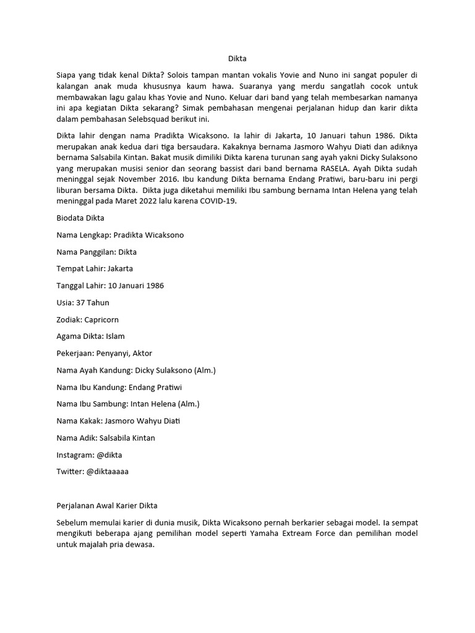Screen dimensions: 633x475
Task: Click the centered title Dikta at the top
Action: [x=237, y=59]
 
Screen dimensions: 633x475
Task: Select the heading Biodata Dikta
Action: [x=81, y=218]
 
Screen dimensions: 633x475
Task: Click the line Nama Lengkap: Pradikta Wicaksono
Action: [x=120, y=235]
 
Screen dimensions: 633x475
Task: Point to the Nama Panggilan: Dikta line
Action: [x=96, y=252]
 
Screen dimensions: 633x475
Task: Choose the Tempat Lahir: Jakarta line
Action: [x=95, y=269]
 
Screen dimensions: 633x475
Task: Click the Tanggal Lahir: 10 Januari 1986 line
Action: [x=110, y=286]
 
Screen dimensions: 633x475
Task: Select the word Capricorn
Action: [x=101, y=320]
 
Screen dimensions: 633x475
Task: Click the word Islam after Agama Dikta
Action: [x=115, y=336]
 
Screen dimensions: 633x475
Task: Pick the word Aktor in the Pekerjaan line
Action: [x=141, y=353]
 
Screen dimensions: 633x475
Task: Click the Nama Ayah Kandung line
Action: [x=136, y=370]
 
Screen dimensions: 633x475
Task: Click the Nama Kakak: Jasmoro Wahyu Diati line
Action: [x=118, y=421]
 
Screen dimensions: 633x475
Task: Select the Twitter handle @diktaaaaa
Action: [x=108, y=472]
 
